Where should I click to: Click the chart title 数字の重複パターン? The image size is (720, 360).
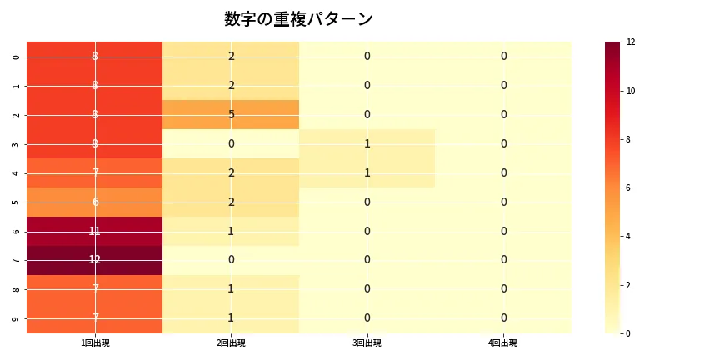click(x=298, y=19)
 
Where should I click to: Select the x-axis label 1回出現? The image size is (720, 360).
click(x=94, y=343)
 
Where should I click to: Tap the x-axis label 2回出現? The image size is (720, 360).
click(x=231, y=343)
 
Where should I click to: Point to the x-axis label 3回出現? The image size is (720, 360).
click(x=367, y=343)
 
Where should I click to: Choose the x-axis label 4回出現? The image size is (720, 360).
click(x=503, y=343)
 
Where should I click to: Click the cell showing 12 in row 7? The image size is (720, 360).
click(x=94, y=260)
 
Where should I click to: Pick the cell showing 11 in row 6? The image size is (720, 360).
click(x=94, y=231)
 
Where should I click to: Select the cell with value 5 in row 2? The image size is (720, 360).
click(x=231, y=114)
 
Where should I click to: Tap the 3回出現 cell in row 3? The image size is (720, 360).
click(x=367, y=143)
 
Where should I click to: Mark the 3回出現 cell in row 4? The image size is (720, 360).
click(x=367, y=172)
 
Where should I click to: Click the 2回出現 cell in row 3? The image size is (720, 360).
click(x=231, y=143)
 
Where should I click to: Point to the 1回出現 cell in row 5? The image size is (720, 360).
click(x=94, y=202)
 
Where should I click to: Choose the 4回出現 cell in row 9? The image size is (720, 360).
click(x=503, y=318)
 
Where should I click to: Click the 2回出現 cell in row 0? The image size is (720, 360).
click(x=231, y=56)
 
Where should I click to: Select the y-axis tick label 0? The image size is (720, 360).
click(x=17, y=56)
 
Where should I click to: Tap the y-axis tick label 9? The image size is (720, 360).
click(x=17, y=318)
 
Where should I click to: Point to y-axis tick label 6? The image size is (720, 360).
click(x=17, y=231)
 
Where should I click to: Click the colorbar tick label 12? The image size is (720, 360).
click(x=632, y=42)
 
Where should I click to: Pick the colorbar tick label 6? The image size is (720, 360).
click(x=630, y=187)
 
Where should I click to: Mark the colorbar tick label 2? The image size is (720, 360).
click(x=630, y=285)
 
